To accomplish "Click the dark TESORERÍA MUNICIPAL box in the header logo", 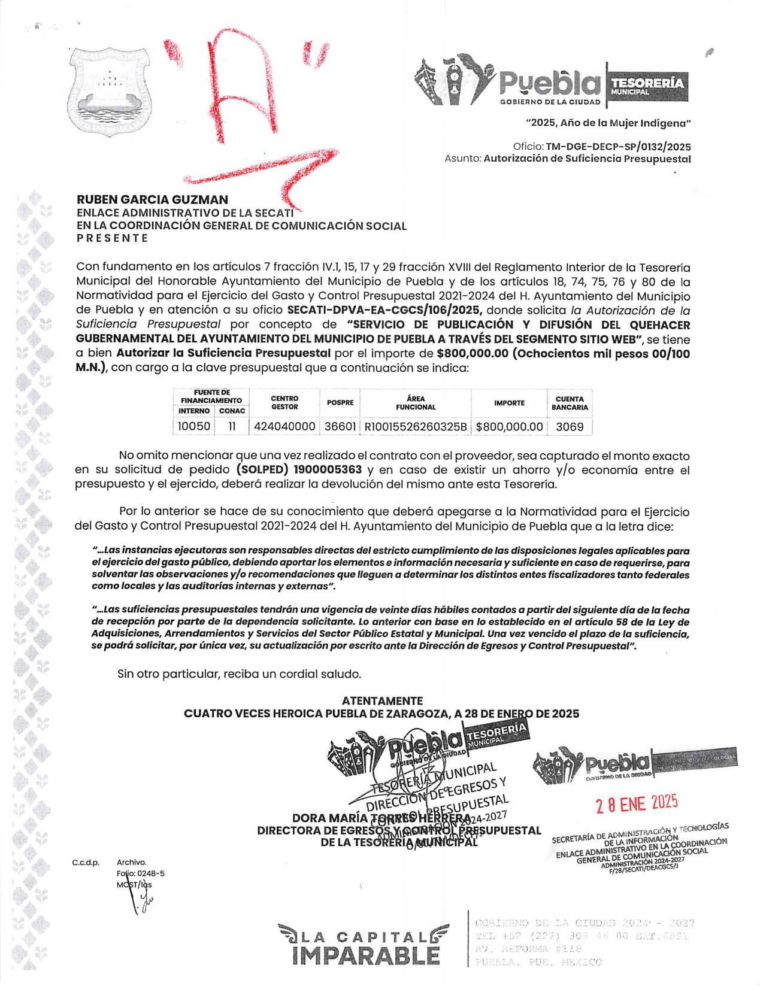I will [x=647, y=86].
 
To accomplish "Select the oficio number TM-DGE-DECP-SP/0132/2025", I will [x=618, y=147].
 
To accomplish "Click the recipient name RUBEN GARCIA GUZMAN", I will [x=152, y=199].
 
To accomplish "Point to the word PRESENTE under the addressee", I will [x=112, y=238].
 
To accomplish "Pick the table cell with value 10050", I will [x=193, y=426].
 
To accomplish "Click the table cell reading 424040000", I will [x=284, y=426].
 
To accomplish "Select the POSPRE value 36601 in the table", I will [x=340, y=426].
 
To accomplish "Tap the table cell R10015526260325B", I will [x=415, y=426].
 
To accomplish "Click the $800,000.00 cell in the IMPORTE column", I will [x=509, y=426].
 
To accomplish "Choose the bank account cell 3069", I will [x=569, y=426].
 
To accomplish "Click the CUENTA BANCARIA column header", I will [x=569, y=403].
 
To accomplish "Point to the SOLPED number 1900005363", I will [x=328, y=470].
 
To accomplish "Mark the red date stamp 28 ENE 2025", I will [x=636, y=803].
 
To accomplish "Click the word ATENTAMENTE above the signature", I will [x=382, y=700].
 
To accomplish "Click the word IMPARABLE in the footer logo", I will [x=366, y=955].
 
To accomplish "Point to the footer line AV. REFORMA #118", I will [x=528, y=949].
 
